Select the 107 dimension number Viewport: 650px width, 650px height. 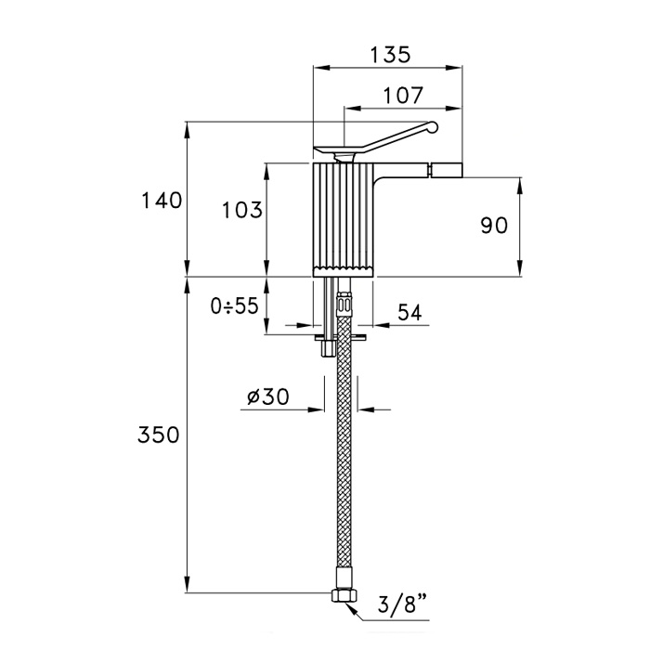tap(402, 95)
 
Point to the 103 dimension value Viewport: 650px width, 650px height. tap(242, 210)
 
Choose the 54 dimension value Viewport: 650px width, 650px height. tap(409, 313)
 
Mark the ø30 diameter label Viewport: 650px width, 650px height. tap(268, 396)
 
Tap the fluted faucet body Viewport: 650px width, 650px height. tap(343, 217)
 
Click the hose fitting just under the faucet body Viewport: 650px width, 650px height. tap(344, 303)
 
